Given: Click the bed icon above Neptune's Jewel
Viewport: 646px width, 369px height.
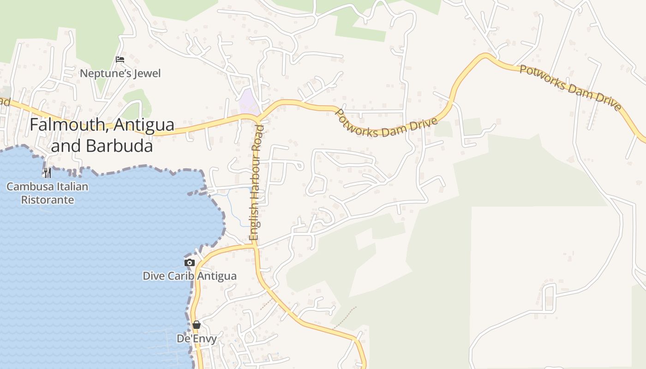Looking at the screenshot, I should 120,60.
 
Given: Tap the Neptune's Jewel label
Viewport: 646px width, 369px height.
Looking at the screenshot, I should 120,73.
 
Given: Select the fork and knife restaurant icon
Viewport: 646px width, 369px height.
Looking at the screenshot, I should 47,173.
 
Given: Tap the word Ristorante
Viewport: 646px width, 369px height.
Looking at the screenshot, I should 48,200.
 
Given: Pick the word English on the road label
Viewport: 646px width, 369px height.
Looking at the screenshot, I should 253,220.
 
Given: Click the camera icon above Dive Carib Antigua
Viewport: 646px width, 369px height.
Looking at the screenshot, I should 189,262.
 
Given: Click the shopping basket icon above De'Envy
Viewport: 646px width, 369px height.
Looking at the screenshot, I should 197,325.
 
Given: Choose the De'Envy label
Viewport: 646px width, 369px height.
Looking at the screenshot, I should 197,339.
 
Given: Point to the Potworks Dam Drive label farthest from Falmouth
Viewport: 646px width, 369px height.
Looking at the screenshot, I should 570,88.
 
